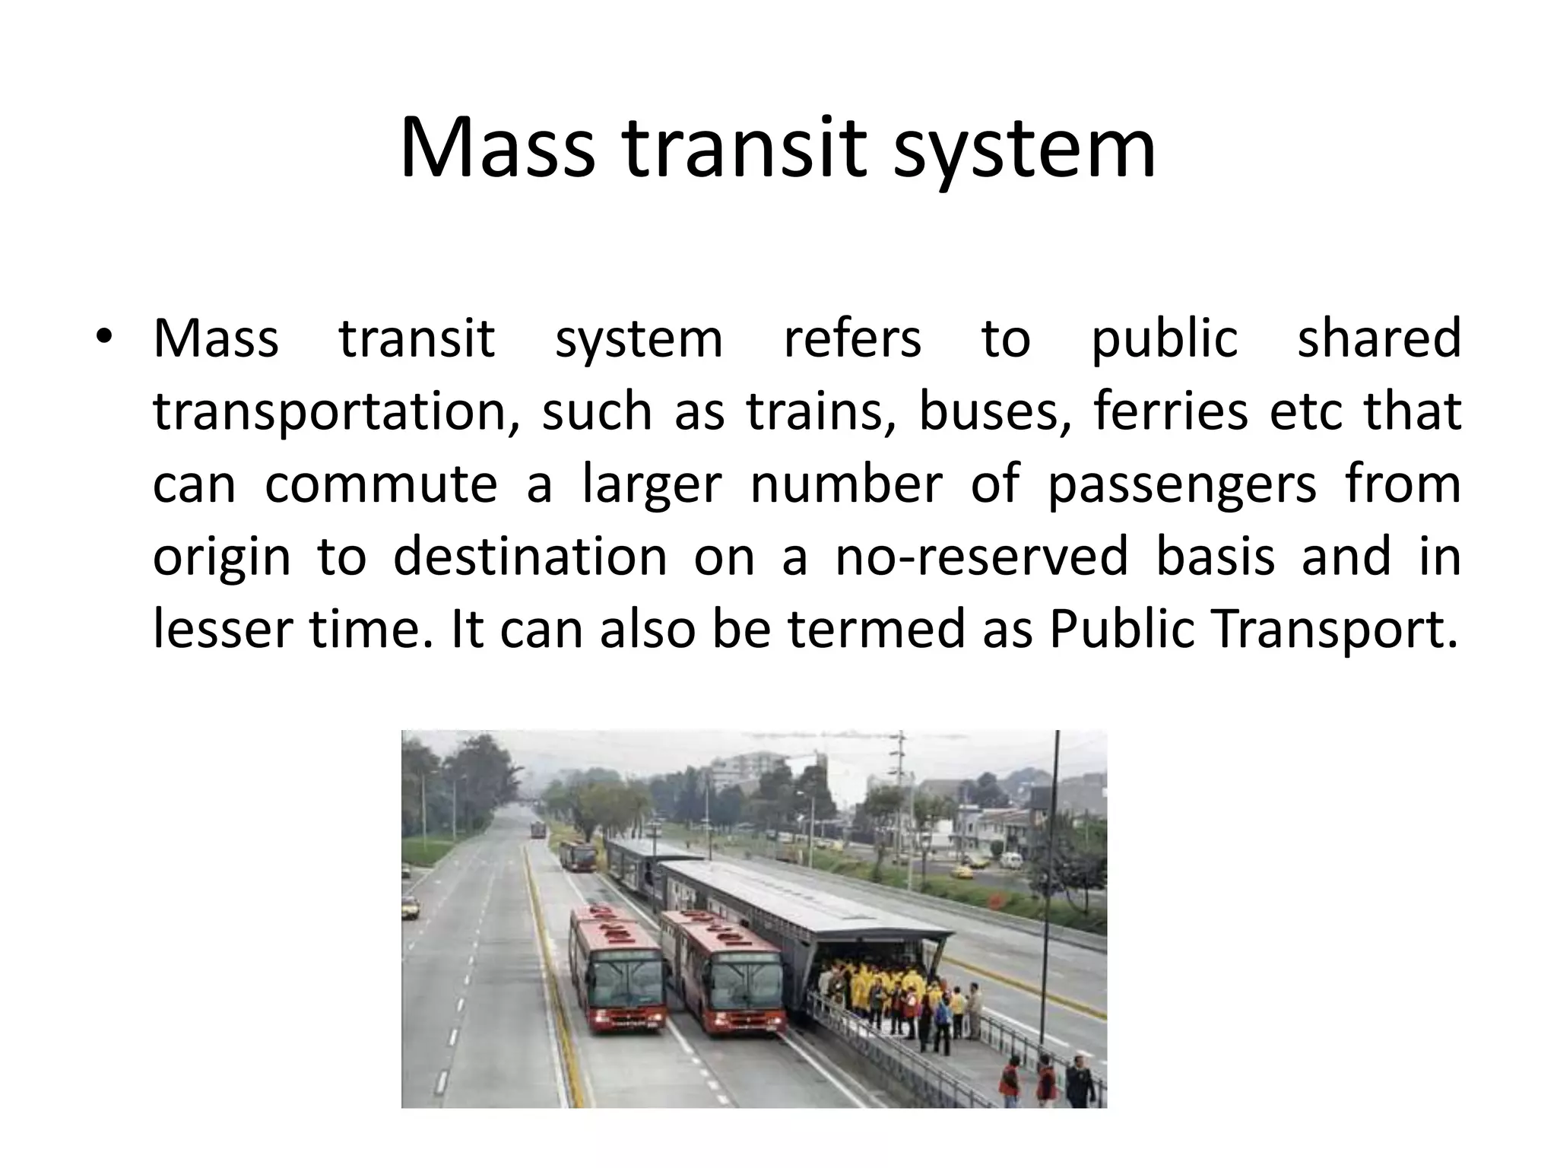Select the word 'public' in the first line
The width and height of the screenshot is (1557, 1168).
1165,339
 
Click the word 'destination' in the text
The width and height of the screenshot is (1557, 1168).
530,557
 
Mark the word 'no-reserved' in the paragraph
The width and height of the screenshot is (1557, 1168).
981,557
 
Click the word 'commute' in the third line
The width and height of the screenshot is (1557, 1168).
381,484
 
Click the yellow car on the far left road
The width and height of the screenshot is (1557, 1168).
410,906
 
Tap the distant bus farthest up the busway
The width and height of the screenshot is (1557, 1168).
538,829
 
